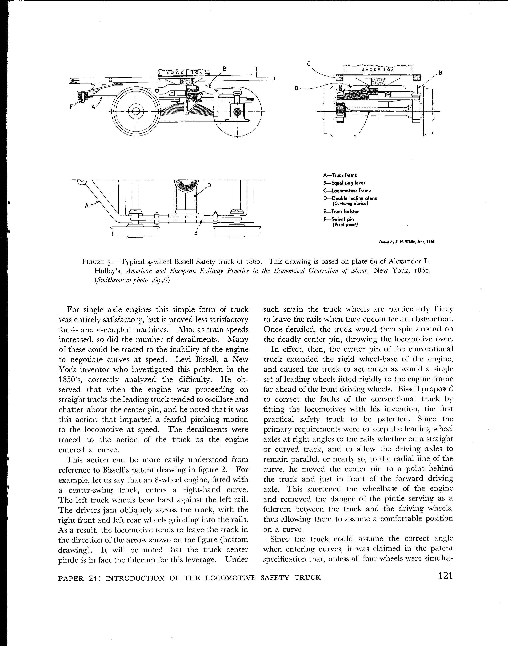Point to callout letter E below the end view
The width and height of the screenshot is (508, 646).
pos(355,137)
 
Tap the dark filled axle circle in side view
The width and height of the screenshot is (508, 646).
pos(237,112)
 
